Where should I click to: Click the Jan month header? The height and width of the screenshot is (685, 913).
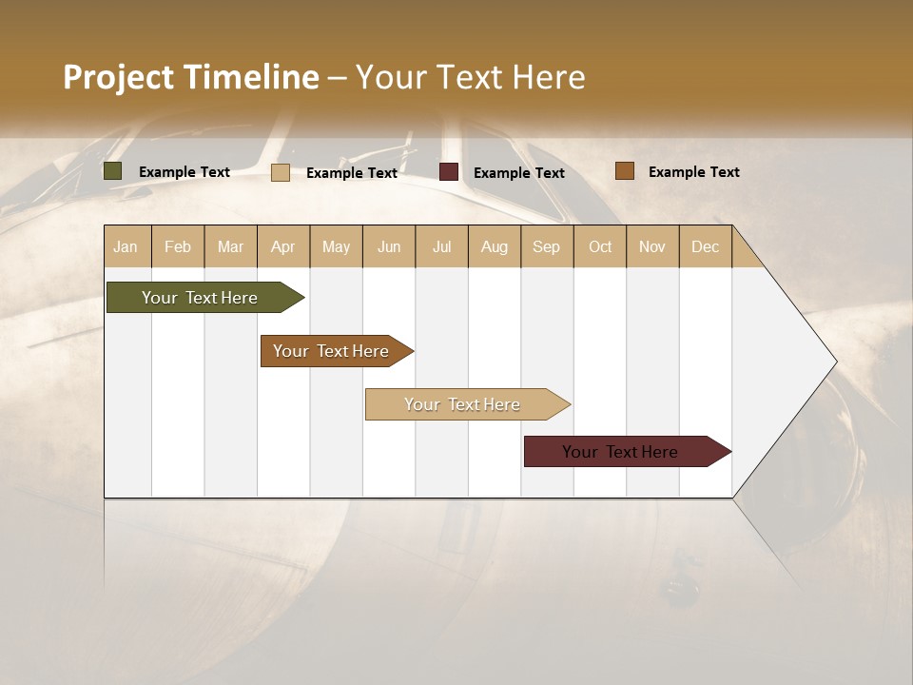point(126,246)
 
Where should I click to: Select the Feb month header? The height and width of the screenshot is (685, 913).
point(178,246)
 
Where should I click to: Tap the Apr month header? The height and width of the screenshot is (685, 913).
point(283,246)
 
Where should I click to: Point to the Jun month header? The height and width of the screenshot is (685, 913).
point(389,246)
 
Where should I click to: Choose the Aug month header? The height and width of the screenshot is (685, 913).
point(495,246)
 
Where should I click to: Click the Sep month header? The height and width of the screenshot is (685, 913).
point(546,246)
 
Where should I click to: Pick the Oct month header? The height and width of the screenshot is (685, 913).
point(600,246)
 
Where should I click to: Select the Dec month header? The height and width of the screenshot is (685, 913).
point(706,246)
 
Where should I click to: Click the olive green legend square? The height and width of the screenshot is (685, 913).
point(113,171)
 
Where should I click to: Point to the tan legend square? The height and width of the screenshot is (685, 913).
point(281,172)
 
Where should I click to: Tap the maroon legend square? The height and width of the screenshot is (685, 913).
point(449,172)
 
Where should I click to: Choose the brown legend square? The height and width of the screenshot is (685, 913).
point(625,171)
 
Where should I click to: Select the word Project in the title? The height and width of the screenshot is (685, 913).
point(118,77)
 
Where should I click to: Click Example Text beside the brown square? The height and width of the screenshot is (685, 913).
point(693,171)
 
